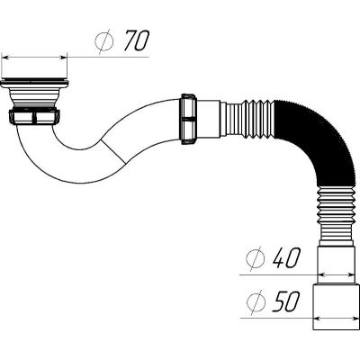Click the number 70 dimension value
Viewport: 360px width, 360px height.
click(137, 40)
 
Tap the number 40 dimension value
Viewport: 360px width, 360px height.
click(286, 258)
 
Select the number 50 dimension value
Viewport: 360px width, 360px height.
click(286, 301)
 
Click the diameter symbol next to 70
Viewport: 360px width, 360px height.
click(104, 41)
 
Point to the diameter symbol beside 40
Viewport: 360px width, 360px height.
click(255, 258)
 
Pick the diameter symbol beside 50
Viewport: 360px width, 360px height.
click(256, 302)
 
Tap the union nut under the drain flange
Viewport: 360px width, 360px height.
click(34, 117)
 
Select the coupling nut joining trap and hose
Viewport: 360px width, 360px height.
click(189, 119)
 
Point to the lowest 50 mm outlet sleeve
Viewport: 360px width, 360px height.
click(336, 307)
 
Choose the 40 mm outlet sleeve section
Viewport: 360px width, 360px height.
click(336, 265)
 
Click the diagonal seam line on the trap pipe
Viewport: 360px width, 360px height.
click(113, 151)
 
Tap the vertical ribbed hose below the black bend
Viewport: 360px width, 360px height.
click(336, 216)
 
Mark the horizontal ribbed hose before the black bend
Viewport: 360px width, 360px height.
click(250, 120)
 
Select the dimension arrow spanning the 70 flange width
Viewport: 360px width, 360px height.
click(34, 57)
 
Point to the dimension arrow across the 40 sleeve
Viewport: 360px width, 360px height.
click(336, 274)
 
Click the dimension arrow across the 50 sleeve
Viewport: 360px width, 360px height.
click(336, 318)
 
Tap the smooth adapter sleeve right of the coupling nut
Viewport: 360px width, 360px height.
click(209, 119)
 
